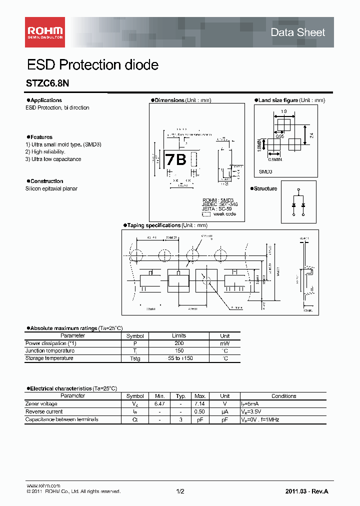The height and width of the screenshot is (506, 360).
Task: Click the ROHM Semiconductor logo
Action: (x=45, y=31)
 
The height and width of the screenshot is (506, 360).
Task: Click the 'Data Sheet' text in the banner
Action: (x=297, y=32)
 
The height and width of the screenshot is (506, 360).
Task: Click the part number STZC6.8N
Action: (x=47, y=84)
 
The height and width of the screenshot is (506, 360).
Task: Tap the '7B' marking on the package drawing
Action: (x=175, y=159)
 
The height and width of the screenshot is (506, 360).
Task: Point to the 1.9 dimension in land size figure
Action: (x=283, y=111)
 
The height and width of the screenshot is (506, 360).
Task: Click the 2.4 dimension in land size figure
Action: (x=311, y=135)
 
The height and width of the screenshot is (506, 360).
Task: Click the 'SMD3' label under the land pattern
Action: (x=265, y=171)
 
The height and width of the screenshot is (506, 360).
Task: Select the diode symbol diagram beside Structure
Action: (x=298, y=201)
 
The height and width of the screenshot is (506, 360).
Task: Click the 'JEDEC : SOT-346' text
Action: (x=218, y=204)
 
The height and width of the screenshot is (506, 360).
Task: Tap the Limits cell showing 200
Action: (x=179, y=343)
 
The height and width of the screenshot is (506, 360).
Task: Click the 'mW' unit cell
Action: (x=225, y=343)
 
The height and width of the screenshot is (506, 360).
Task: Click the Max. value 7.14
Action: (x=199, y=403)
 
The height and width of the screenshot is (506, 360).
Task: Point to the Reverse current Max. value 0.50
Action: (x=199, y=411)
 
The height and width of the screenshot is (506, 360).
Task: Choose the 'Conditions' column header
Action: (x=283, y=396)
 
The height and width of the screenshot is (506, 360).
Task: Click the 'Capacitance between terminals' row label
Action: (x=61, y=419)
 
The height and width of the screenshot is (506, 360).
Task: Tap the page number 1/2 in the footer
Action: (x=180, y=491)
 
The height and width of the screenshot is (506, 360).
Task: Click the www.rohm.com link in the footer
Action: (x=43, y=486)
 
